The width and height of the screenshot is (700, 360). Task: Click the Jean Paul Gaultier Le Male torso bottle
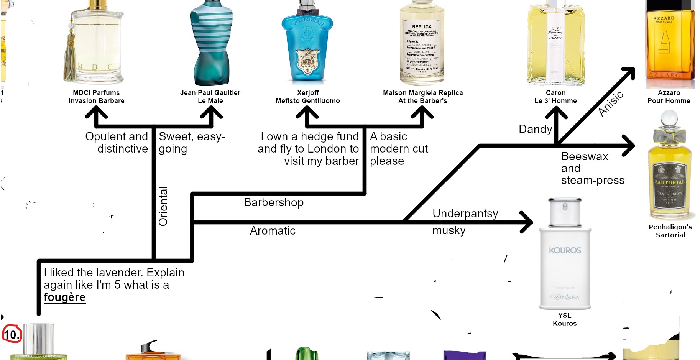[211, 42]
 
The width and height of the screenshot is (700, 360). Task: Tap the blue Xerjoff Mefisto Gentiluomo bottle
[307, 46]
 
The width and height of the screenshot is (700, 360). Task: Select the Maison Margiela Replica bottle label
[422, 48]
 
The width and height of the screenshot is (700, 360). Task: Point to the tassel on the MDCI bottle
[71, 58]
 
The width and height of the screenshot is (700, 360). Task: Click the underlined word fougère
[64, 297]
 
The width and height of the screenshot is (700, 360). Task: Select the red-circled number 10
[12, 334]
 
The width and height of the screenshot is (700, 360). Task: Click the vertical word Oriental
[163, 206]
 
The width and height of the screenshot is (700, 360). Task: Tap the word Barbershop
[273, 202]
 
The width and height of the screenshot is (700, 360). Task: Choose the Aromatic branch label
[273, 231]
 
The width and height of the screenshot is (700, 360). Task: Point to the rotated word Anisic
[611, 104]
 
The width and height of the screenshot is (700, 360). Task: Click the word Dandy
[535, 129]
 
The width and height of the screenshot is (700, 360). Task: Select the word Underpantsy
[465, 214]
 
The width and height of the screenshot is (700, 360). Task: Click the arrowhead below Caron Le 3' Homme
[556, 113]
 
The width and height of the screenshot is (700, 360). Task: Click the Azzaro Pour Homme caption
[669, 97]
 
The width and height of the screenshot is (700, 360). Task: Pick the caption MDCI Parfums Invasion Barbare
[96, 97]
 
